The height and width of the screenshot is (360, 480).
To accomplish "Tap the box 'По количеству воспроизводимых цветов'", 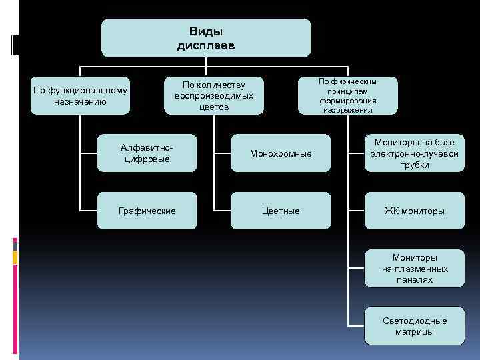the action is click(214, 96).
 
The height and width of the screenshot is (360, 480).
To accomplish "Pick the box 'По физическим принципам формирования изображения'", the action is click(348, 95).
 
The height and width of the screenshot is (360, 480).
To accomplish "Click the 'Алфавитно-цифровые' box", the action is click(147, 153).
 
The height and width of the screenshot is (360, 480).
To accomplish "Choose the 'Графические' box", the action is click(147, 211).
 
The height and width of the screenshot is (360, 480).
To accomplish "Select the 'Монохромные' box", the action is click(281, 153).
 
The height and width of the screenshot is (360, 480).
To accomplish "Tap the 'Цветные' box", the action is click(281, 211).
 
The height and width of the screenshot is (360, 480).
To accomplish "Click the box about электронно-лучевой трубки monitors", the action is click(415, 153).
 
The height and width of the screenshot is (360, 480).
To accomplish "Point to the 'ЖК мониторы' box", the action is click(415, 211).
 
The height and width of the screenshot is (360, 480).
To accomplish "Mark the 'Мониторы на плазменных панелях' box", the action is click(415, 269).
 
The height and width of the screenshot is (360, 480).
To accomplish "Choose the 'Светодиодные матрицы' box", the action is click(415, 326).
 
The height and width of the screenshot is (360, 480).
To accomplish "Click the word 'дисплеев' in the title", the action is click(206, 46).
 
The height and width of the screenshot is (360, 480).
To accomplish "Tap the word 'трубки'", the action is click(415, 165).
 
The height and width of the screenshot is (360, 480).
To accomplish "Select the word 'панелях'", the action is click(415, 280).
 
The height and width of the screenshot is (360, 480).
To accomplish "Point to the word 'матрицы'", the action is click(415, 332).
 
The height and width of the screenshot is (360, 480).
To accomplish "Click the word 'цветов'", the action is click(214, 107).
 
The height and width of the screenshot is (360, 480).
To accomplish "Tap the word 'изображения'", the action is click(348, 110).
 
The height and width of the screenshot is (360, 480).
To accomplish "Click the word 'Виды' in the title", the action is click(206, 32).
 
